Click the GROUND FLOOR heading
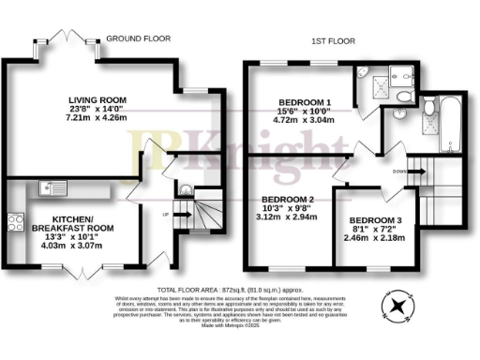137,38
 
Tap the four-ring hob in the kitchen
16,222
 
